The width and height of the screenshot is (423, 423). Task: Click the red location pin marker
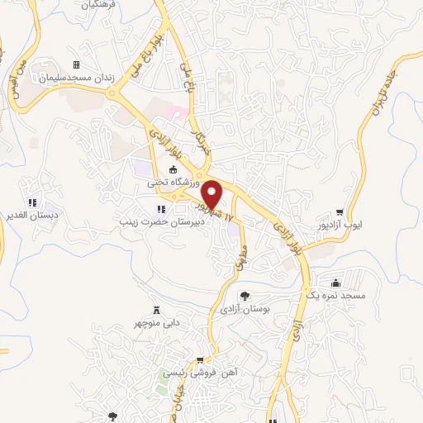pos(212,195)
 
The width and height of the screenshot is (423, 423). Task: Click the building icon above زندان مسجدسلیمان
pos(76,64)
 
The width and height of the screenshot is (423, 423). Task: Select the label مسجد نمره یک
pos(335,294)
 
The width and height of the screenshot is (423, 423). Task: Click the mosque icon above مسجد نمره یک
pos(335,282)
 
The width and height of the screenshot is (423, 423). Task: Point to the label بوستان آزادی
pos(245,308)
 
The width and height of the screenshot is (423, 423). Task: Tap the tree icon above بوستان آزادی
pos(245,295)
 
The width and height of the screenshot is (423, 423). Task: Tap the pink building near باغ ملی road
pos(173,110)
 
